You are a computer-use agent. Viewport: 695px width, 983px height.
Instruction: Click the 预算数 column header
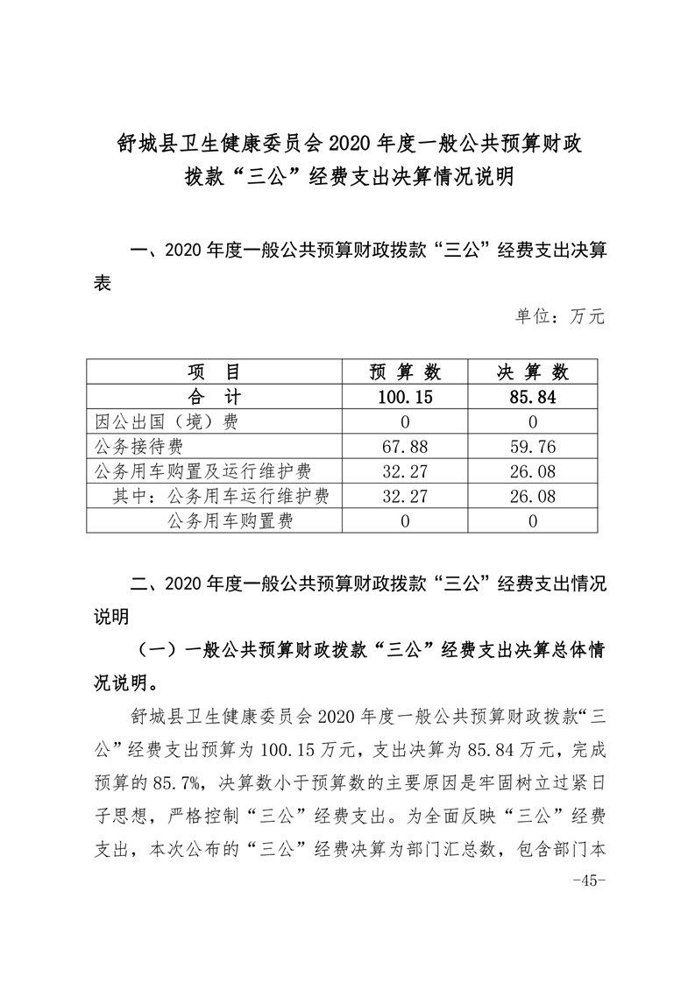[x=406, y=371]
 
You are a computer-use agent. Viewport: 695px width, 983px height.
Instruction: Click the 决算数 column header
[x=533, y=371]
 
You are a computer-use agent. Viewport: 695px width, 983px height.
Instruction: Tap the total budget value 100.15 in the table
[x=406, y=397]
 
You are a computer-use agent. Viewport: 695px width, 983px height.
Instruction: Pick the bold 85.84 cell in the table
[x=533, y=397]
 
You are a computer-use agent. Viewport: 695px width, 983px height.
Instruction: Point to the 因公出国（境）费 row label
[x=166, y=421]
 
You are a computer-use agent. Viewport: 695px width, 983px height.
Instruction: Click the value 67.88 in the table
[x=406, y=447]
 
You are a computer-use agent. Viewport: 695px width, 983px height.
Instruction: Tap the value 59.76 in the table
[x=533, y=447]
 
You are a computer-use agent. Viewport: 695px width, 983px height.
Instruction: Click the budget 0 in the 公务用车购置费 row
[x=406, y=521]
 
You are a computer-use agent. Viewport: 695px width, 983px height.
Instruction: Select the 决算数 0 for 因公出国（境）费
[x=533, y=421]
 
